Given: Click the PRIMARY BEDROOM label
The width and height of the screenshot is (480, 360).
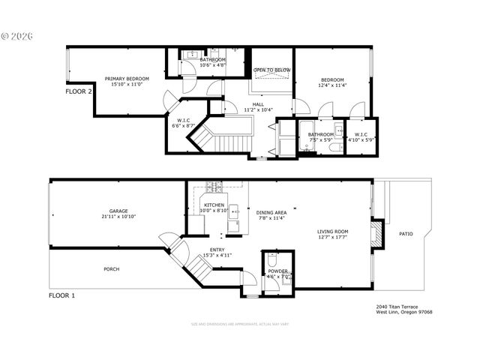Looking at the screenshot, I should click(127, 79).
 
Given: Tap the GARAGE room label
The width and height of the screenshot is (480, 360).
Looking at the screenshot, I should click(118, 211).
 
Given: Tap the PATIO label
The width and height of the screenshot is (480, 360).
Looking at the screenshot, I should click(406, 234).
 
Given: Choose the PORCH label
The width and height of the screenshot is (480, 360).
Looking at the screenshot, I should click(112, 269).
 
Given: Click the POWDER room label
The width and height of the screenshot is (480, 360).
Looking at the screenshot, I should click(277, 271).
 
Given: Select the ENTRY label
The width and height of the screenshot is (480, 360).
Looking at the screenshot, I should click(217, 250).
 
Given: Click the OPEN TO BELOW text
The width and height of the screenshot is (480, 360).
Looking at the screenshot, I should click(271, 70).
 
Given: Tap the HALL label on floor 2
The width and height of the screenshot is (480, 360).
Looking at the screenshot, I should click(258, 104).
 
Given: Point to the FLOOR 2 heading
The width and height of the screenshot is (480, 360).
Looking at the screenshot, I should click(79, 91).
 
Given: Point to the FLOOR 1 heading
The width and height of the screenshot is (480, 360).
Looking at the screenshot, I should click(62, 295).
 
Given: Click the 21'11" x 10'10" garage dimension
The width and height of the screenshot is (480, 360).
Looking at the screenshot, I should click(118, 217).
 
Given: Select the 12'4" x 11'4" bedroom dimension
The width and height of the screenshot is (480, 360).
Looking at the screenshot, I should click(332, 85).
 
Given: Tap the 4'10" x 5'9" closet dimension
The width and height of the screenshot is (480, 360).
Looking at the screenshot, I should click(361, 139).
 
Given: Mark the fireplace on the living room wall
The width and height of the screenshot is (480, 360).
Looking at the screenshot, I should click(379, 232).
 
